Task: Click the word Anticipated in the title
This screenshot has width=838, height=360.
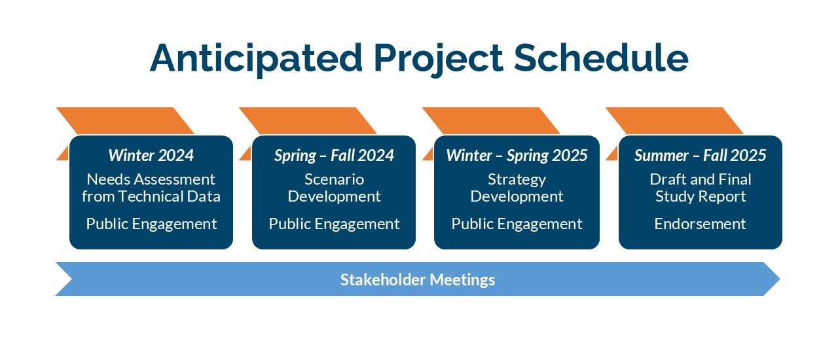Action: pos(256,59)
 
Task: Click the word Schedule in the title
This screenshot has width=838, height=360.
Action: pos(601,58)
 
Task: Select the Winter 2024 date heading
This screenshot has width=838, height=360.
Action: pos(151,155)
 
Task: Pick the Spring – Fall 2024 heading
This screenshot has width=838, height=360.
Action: pos(334,156)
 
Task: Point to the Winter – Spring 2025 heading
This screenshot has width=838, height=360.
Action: pos(517,156)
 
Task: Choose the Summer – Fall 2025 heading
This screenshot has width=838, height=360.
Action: pos(700,155)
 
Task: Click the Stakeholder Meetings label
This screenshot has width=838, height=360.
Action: pos(418,279)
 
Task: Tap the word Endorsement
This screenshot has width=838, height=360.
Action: pos(700,224)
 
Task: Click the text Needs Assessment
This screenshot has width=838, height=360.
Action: pos(151,179)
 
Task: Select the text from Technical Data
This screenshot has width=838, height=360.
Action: pos(151,196)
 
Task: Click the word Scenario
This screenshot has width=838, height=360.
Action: pos(334,179)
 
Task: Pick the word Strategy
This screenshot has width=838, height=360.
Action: pos(517,180)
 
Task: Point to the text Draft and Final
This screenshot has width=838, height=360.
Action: pos(701,179)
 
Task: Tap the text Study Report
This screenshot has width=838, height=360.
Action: pos(701,197)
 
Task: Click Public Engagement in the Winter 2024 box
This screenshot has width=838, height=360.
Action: pos(151,224)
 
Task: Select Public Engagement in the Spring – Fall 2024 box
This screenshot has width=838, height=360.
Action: pos(334,224)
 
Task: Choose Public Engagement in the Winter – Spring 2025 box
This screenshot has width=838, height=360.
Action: pos(517,224)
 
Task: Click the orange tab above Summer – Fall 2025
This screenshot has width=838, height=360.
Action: pos(674,121)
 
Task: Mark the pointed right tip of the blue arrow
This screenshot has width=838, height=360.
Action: pos(780,279)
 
